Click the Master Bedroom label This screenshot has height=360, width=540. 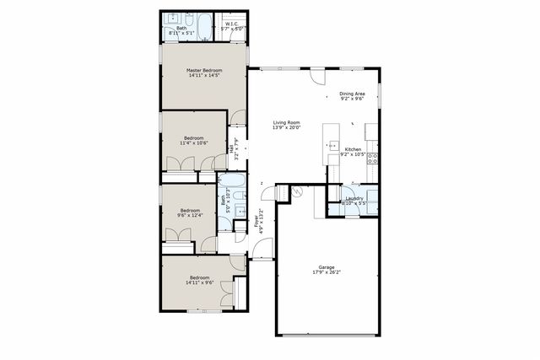[x=203, y=73]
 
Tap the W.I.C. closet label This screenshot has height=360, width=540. [x=231, y=24]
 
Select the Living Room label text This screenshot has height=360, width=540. [x=286, y=123]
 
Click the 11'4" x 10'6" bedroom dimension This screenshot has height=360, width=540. [x=194, y=142]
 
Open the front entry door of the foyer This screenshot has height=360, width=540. [x=263, y=250]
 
